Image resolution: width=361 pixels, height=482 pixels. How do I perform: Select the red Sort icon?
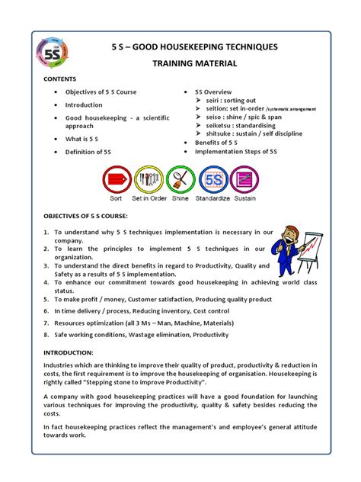tap(116, 181)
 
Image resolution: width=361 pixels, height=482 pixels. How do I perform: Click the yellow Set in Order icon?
tap(148, 181)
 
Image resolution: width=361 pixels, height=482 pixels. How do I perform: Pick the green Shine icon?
tap(180, 181)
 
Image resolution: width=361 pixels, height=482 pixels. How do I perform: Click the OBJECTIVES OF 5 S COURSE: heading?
tap(91, 217)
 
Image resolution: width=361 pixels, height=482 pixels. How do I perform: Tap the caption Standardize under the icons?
tap(212, 199)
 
